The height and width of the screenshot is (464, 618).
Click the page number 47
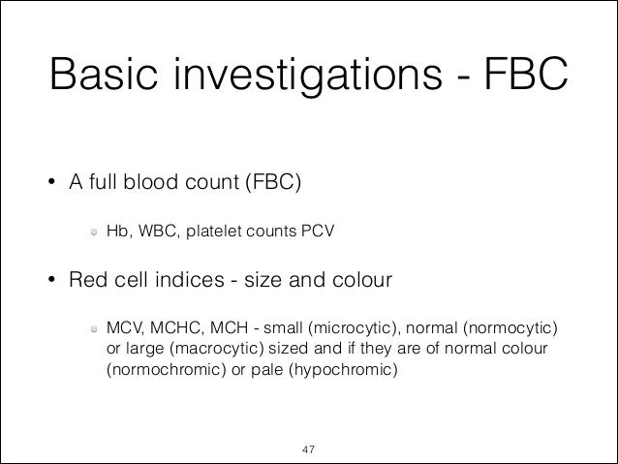pyautogui.click(x=309, y=449)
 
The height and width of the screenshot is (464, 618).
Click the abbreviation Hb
pyautogui.click(x=116, y=232)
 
